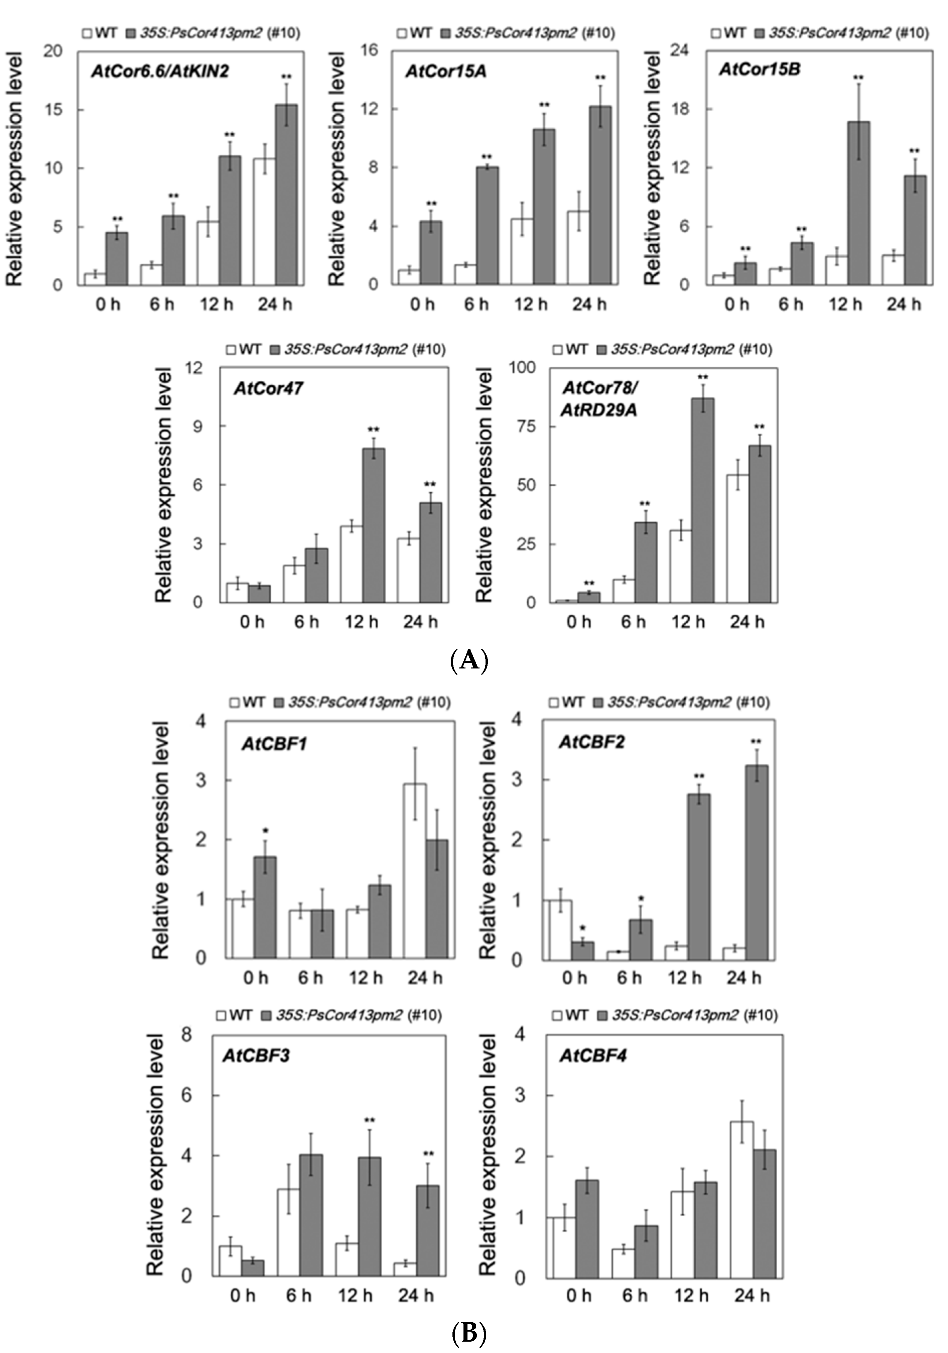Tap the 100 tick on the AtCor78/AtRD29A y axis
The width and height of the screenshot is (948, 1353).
(x=522, y=368)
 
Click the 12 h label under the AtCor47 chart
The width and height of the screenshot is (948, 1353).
(x=361, y=622)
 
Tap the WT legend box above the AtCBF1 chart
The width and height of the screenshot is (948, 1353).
(x=234, y=703)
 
